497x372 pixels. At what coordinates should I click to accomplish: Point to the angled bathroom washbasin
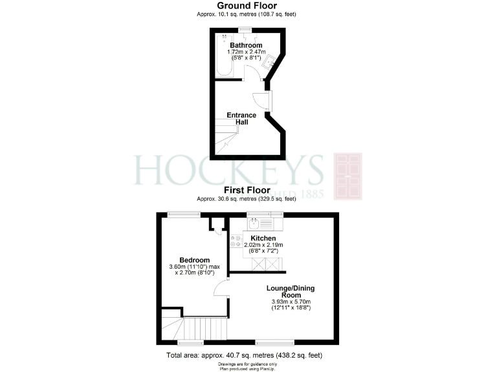271,61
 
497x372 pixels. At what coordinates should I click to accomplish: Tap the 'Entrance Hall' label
241,119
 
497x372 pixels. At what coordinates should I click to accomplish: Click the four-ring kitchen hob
236,241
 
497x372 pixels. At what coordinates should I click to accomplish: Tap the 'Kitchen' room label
263,238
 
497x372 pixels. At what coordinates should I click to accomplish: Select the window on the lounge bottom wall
275,340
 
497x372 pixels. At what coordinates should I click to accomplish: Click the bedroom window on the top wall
184,214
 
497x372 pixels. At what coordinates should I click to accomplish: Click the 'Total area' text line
244,355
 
